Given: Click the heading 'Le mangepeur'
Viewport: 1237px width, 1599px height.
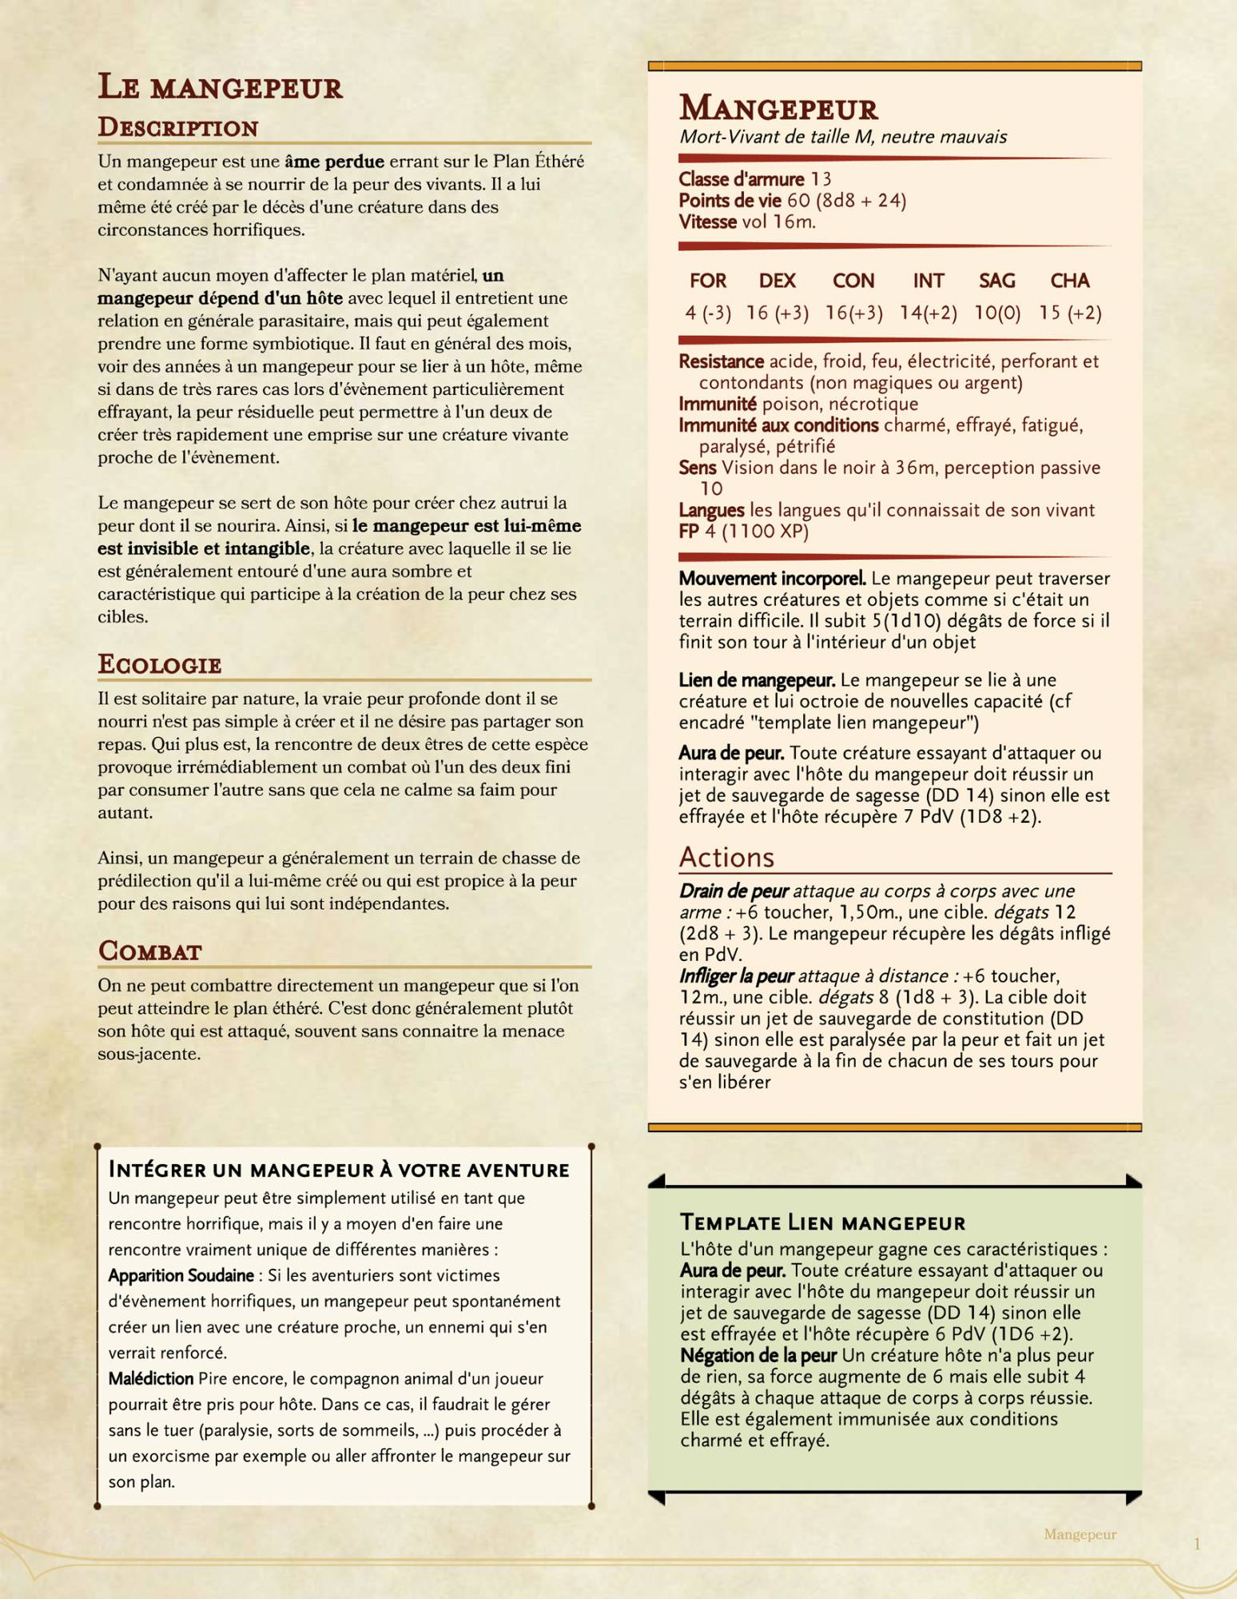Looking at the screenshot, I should [220, 87].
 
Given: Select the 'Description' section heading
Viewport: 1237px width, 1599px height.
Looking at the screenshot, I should [177, 128].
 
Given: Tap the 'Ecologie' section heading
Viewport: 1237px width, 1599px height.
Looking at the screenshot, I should [159, 664].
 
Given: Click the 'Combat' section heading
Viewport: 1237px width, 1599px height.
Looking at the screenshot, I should [149, 951].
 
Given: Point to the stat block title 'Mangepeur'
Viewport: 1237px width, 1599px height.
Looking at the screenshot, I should [778, 109].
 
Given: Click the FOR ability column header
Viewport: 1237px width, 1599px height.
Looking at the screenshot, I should [708, 281].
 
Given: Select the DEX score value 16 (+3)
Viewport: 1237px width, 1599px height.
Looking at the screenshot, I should [777, 313].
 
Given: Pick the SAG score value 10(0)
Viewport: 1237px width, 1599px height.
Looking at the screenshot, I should [997, 313].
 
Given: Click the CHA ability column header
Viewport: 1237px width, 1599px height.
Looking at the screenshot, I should [1070, 281].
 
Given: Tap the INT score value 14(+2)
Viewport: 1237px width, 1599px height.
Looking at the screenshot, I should [928, 313].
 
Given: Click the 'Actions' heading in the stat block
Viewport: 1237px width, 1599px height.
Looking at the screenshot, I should [726, 858].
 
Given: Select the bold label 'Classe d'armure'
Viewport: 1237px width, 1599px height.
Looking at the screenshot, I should [741, 179].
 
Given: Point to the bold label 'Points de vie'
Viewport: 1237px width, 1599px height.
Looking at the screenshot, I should [730, 201].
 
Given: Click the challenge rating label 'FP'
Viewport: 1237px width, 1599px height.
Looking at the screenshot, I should [689, 532].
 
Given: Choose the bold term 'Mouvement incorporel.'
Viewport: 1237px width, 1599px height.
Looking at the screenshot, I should [772, 578].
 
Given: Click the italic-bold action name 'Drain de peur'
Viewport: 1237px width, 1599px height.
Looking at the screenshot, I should [734, 891].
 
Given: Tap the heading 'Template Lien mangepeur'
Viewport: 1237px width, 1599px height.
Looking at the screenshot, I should [822, 1222].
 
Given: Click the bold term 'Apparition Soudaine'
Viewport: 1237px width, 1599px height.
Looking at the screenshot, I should [181, 1276].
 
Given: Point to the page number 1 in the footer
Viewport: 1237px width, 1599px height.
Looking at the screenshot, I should [1197, 1545].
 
